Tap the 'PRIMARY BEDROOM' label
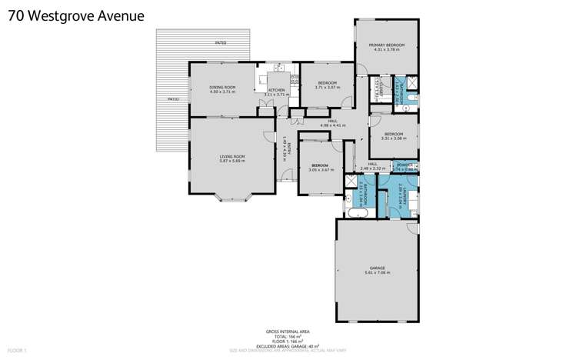[x=386, y=46]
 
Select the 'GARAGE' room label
[x=376, y=267]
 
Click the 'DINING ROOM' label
[x=222, y=88]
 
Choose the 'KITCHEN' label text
[x=277, y=89]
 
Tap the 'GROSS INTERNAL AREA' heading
[x=288, y=332]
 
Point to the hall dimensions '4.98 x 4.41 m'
[x=333, y=125]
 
